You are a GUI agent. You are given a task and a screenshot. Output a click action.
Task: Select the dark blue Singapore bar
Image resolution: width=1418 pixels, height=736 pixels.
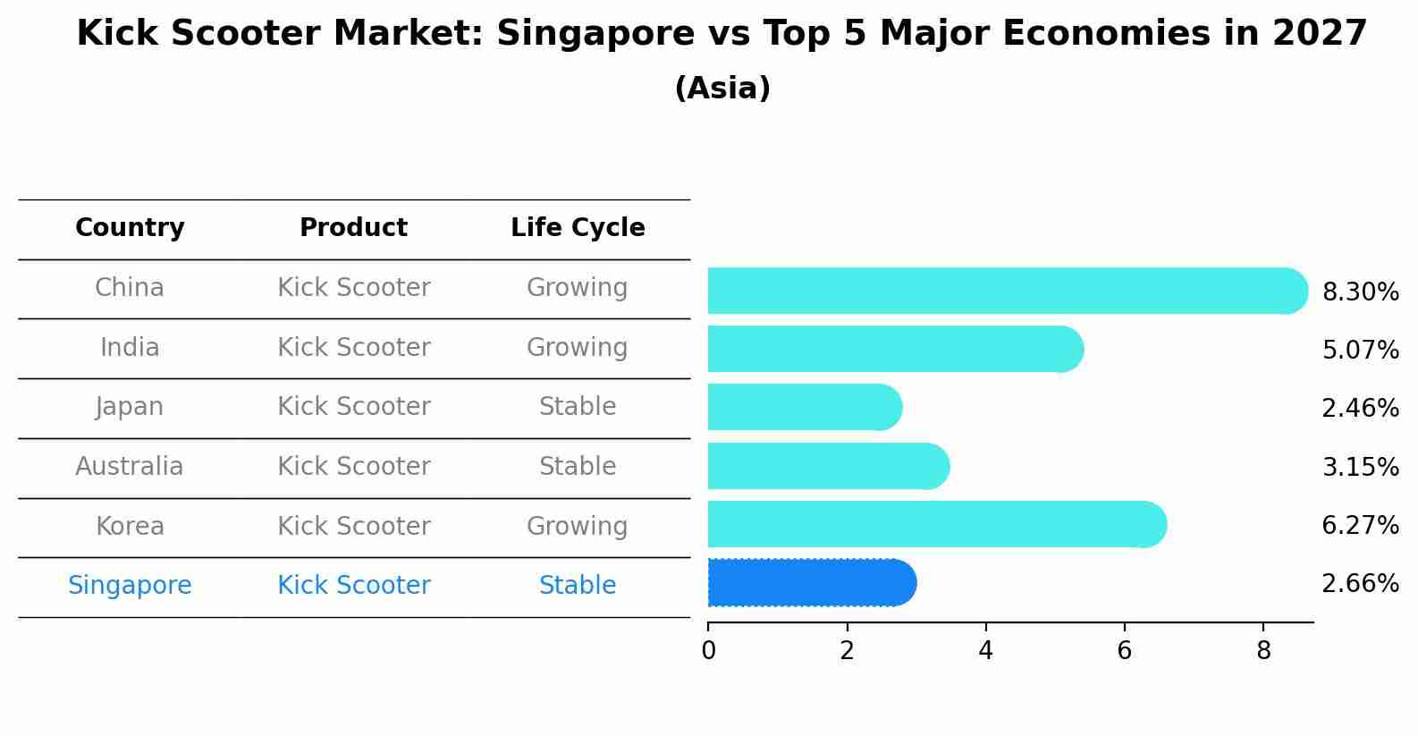click(810, 583)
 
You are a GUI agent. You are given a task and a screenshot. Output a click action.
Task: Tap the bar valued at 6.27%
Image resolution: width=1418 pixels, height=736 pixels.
click(935, 524)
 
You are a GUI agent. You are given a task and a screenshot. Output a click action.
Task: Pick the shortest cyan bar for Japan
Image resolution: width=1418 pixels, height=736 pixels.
click(804, 407)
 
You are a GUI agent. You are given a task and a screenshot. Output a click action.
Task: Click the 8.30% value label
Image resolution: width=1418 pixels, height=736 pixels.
click(1360, 292)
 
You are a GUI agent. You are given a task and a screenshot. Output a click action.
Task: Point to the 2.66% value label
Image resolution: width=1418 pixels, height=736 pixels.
click(1360, 584)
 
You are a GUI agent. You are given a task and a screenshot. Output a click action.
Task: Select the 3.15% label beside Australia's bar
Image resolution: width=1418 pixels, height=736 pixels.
click(1360, 467)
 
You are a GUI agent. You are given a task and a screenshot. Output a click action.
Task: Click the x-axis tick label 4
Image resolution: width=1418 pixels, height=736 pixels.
click(985, 651)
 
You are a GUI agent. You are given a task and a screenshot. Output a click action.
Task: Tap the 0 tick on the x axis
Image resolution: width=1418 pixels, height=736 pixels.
click(708, 651)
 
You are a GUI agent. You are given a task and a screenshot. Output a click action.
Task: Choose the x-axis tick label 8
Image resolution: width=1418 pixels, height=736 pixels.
click(1262, 651)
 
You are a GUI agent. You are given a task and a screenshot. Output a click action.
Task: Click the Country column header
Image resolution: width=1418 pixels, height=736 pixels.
click(130, 228)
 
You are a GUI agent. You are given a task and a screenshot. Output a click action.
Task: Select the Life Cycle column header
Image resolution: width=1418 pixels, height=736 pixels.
click(578, 228)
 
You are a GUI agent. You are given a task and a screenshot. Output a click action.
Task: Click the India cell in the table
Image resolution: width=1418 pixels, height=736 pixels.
click(130, 347)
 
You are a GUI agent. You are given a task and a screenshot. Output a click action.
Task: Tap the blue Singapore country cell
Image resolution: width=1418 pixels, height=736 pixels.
click(130, 586)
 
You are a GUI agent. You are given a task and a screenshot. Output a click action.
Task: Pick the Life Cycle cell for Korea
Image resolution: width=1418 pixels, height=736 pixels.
click(577, 526)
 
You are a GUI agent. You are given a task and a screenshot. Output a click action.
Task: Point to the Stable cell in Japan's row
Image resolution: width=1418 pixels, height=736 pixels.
click(577, 407)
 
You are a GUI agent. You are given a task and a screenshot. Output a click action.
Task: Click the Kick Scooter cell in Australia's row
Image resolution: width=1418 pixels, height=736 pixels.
click(353, 467)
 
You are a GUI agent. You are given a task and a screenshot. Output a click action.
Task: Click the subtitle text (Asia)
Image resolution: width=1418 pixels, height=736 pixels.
click(722, 89)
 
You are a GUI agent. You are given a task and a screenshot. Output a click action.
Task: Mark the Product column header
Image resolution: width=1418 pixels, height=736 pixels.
click(353, 228)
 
